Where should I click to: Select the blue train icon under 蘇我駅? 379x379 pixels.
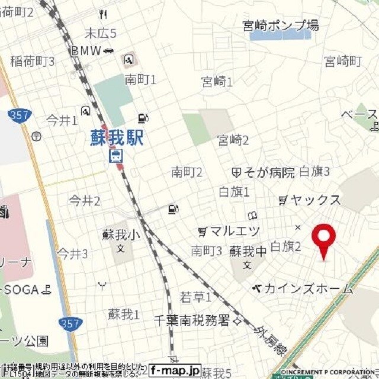(x=115, y=156)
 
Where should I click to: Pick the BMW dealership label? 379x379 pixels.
(x=87, y=51)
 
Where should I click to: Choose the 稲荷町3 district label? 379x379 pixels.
(x=33, y=61)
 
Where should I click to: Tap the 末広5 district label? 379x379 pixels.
(x=100, y=33)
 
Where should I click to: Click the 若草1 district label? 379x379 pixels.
(x=195, y=296)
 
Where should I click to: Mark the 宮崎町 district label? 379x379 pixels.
(x=342, y=61)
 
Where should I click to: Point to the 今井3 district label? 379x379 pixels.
(x=72, y=254)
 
